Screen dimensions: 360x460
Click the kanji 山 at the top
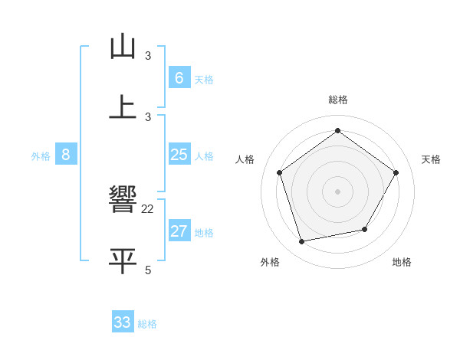click(123, 47)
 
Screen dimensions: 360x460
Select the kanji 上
click(123, 106)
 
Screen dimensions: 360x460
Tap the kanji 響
click(123, 201)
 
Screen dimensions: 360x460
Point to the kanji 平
click(123, 260)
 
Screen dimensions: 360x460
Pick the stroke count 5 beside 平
click(148, 269)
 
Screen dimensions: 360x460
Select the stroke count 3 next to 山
click(148, 56)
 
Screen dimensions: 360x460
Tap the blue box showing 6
click(179, 77)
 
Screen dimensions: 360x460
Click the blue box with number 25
click(179, 155)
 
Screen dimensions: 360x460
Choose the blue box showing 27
click(179, 231)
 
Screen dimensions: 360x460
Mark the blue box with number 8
click(66, 155)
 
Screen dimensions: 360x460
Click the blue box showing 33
click(123, 322)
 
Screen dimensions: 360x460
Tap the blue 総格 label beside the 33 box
click(147, 324)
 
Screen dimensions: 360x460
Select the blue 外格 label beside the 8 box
click(41, 156)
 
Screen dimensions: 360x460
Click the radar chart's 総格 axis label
click(338, 100)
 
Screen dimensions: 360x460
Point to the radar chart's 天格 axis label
click(432, 159)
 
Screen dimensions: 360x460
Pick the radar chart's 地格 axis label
click(402, 262)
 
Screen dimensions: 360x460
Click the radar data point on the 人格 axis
click(280, 172)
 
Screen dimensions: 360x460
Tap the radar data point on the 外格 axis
click(302, 242)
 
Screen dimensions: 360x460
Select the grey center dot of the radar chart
click(338, 191)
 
